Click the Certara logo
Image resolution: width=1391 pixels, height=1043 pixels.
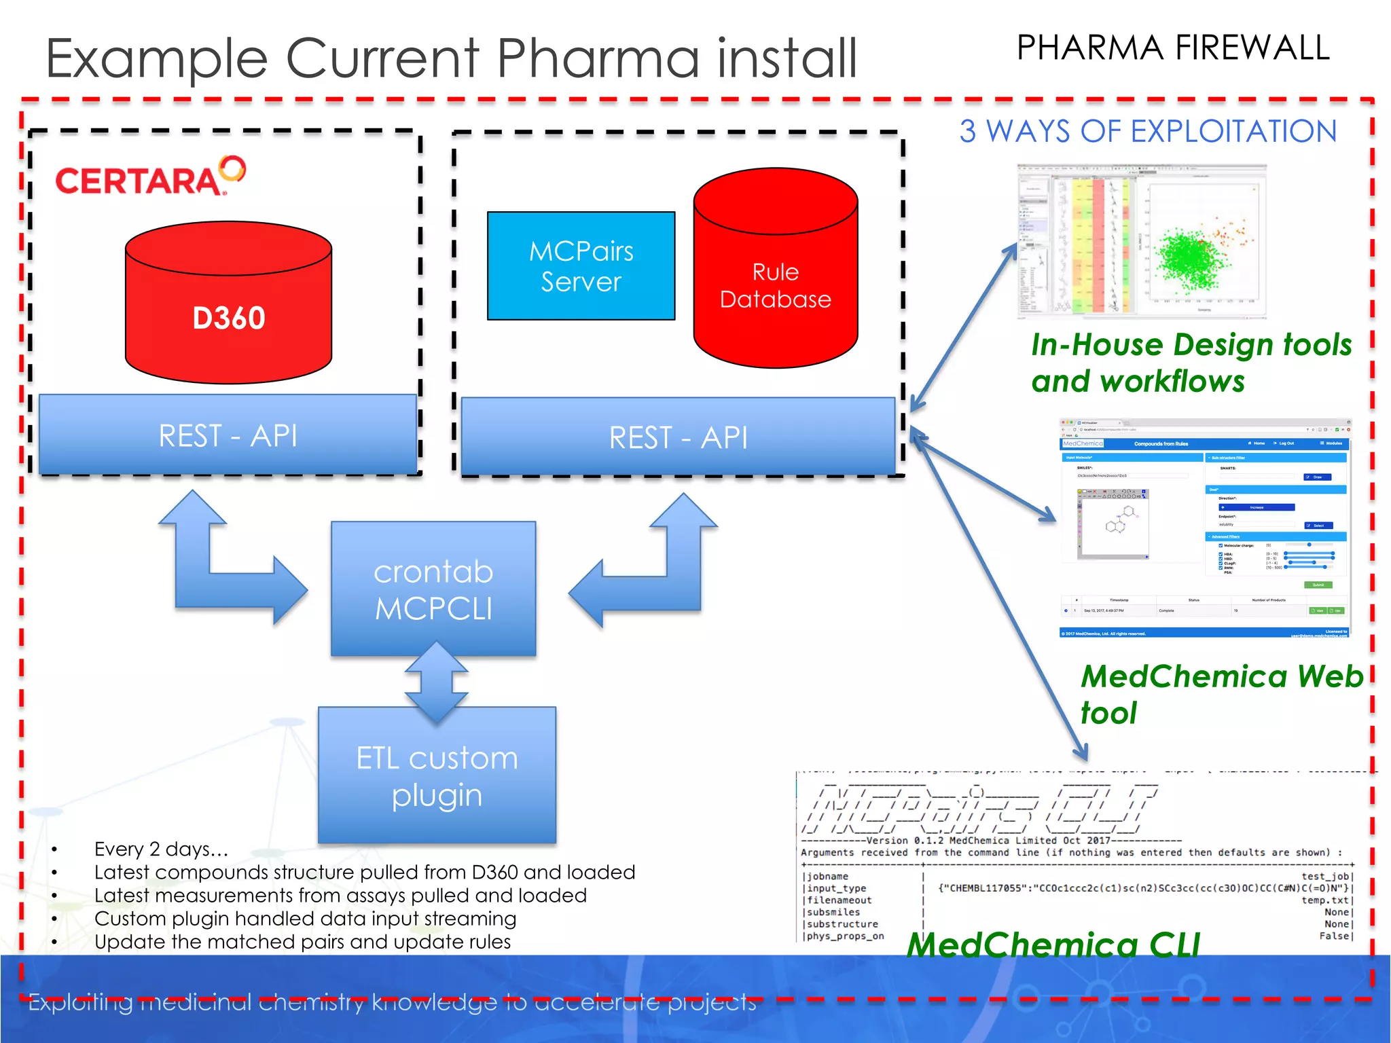[x=149, y=178]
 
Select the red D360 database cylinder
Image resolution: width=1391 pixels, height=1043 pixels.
[x=228, y=306]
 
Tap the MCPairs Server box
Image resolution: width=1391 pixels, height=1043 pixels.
[x=581, y=266]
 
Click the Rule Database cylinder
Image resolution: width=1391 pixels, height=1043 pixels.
[x=775, y=272]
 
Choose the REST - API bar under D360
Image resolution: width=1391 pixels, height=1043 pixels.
[x=228, y=435]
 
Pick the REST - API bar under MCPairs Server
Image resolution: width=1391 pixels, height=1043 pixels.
[x=678, y=437]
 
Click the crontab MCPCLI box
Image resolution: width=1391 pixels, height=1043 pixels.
[x=433, y=589]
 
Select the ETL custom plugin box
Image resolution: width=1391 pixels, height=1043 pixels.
[x=437, y=775]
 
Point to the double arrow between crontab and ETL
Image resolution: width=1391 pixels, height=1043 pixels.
[x=436, y=682]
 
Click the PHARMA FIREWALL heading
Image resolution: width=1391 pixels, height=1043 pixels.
[x=1172, y=49]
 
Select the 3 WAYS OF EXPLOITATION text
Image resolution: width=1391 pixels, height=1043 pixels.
[x=1148, y=131]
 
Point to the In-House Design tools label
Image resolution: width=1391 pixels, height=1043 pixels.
[x=1190, y=363]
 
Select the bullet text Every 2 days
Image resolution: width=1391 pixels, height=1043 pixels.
[x=161, y=849]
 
